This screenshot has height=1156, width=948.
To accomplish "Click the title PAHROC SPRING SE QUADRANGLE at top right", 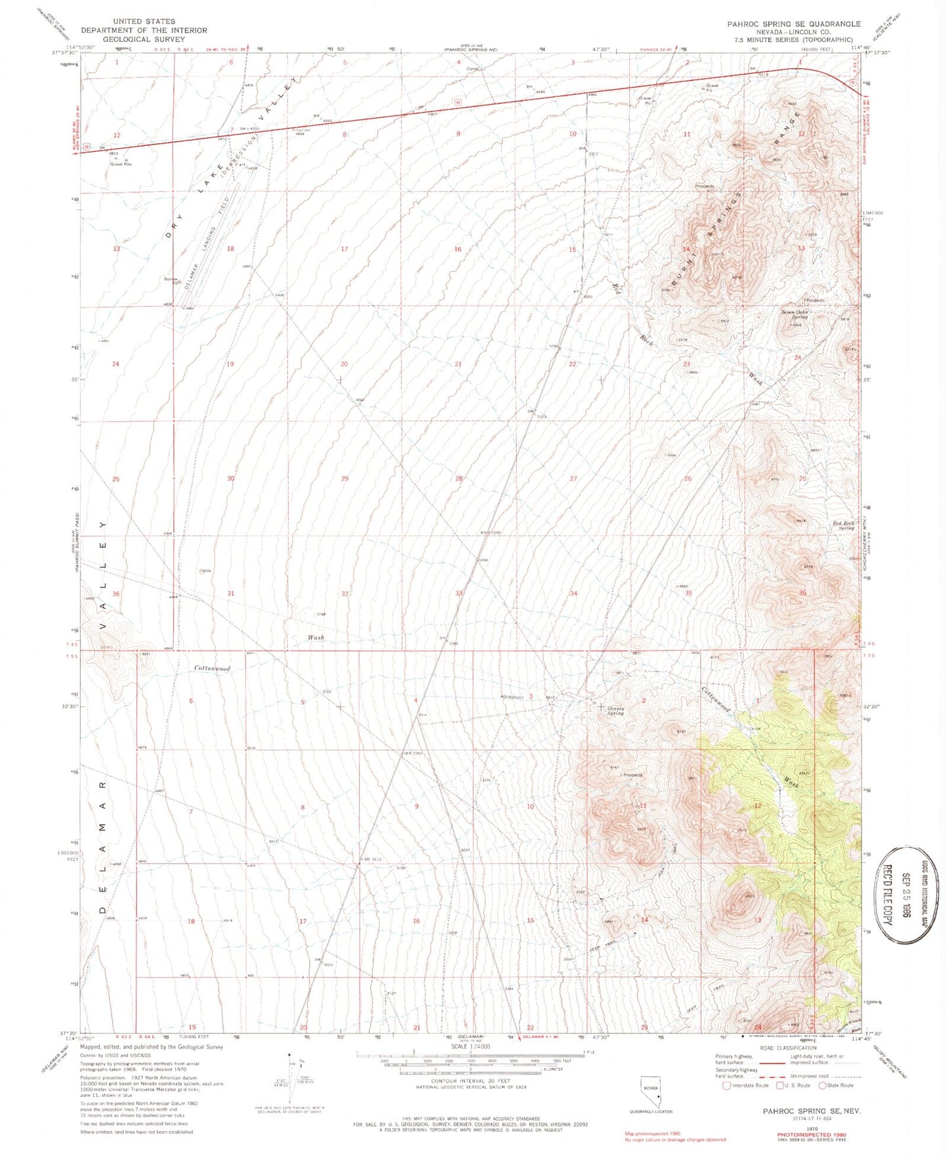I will pyautogui.click(x=793, y=24).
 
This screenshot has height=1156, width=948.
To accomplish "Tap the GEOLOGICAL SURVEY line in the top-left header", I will pyautogui.click(x=144, y=39).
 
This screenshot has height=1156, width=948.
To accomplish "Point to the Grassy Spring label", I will pyautogui.click(x=615, y=710).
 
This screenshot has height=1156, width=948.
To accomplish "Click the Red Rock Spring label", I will pyautogui.click(x=844, y=525).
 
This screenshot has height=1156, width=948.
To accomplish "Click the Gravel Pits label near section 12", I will pyautogui.click(x=121, y=164).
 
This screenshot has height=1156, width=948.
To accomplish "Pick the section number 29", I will pyautogui.click(x=344, y=479).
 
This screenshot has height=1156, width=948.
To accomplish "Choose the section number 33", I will pyautogui.click(x=459, y=593).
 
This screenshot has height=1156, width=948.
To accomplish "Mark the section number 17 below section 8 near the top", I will pyautogui.click(x=344, y=249).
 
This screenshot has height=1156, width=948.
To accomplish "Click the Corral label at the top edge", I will pyautogui.click(x=472, y=68).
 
